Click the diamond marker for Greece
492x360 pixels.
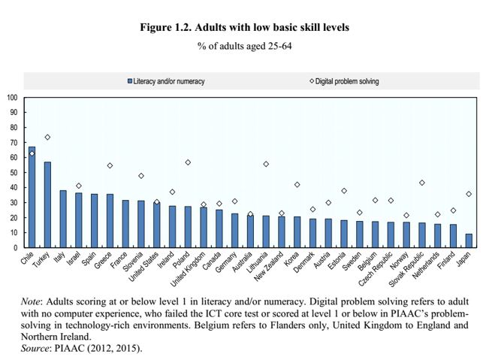point(110,165)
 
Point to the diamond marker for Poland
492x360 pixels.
point(188,162)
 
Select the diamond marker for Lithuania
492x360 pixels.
point(266,164)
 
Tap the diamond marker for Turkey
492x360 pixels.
point(47,138)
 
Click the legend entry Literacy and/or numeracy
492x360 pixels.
point(169,81)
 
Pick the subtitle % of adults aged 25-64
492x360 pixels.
point(245,47)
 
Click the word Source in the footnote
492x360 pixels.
point(35,348)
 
